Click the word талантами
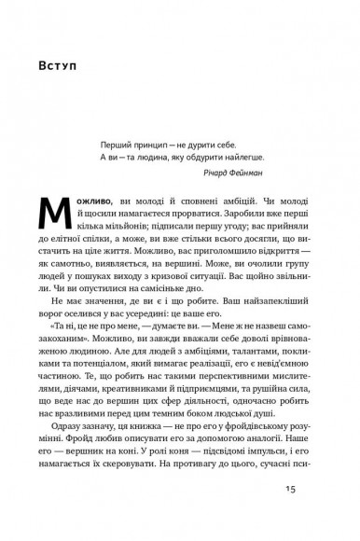(250, 356)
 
